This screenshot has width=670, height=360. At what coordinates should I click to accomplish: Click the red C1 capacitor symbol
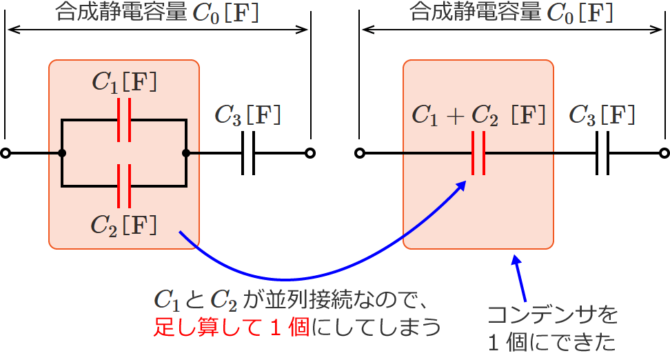pos(124,120)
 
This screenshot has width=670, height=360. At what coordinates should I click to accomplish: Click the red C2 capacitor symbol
pos(124,186)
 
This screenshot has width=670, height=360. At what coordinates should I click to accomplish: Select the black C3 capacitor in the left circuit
pos(248,153)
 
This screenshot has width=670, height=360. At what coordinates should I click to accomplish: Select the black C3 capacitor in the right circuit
pos(602,153)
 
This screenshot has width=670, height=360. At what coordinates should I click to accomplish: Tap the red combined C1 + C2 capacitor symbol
pos(478,153)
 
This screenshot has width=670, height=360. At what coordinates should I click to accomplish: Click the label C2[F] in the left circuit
pos(124,224)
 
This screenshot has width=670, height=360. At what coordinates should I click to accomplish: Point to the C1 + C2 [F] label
pos(478,115)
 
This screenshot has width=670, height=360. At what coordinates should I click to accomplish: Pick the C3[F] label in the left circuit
pos(248,115)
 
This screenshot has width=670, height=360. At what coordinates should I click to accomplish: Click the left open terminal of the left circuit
pos(6,153)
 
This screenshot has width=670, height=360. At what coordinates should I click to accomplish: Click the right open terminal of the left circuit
pos(310,153)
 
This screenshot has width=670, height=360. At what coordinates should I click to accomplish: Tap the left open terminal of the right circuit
pos(359,153)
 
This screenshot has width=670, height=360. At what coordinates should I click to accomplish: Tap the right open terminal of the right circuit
pos(664,153)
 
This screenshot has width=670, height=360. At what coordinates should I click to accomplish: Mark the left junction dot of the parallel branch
pos(62,153)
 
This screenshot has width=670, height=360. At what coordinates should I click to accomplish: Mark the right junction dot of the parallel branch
pos(186,153)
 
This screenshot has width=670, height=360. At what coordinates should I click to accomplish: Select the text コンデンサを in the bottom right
pos(552,316)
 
